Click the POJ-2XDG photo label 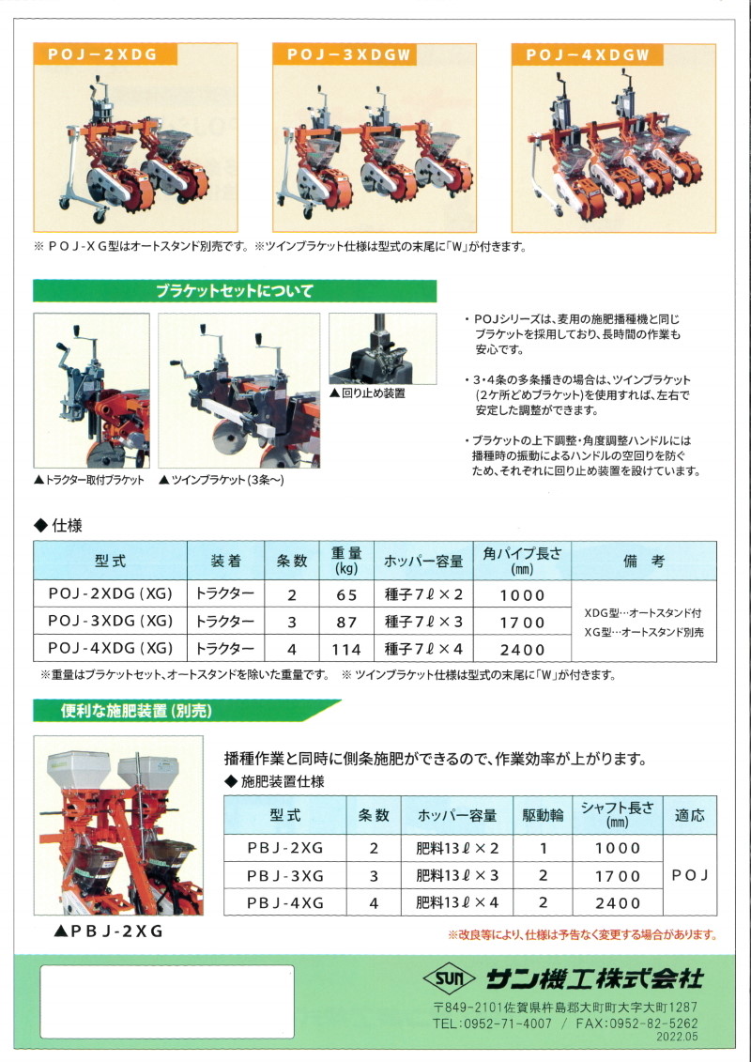click(102, 54)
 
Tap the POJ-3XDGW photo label click(349, 54)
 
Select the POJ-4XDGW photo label click(587, 54)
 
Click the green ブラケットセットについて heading click(235, 291)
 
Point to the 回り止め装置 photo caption click(367, 393)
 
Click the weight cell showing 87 click(346, 622)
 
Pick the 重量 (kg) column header click(346, 561)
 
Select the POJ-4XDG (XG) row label click(111, 649)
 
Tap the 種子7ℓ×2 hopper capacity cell click(424, 594)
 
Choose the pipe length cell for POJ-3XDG click(522, 623)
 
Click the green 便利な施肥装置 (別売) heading click(137, 711)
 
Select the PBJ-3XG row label click(285, 876)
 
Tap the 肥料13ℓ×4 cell click(457, 902)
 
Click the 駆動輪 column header click(543, 815)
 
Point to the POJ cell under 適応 click(689, 875)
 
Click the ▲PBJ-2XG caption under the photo click(108, 932)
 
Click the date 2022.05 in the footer click(676, 1037)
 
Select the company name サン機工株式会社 click(594, 978)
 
